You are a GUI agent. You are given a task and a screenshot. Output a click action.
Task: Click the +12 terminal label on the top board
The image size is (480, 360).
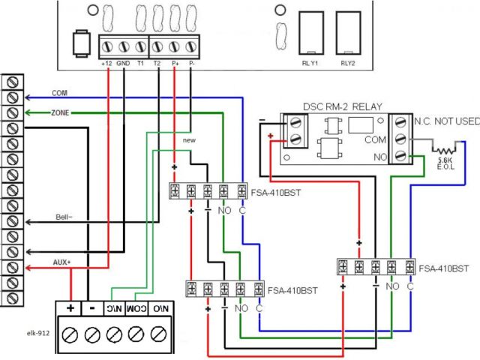(x=106, y=65)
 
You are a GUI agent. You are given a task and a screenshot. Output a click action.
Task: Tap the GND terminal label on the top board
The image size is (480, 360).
(x=123, y=65)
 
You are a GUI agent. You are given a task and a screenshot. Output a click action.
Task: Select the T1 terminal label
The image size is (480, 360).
(x=140, y=65)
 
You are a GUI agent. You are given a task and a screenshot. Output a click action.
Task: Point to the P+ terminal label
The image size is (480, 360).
(x=175, y=65)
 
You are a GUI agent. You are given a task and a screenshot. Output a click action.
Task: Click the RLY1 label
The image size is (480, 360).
(x=310, y=64)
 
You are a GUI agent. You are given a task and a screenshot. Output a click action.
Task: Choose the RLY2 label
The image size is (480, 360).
(x=346, y=64)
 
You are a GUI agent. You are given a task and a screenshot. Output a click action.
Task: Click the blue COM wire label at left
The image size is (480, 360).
(x=59, y=93)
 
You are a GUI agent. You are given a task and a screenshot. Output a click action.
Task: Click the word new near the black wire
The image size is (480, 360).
(x=187, y=140)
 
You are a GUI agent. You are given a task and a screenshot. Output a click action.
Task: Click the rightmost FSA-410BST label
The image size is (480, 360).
(x=445, y=268)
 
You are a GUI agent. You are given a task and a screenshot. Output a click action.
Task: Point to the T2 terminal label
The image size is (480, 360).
(x=157, y=65)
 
